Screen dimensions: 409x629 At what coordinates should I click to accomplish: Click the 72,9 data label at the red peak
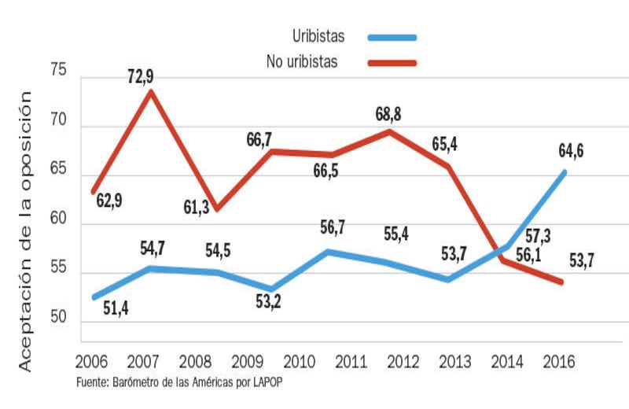coord(142,76)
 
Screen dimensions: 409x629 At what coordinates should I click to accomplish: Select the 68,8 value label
coord(388,115)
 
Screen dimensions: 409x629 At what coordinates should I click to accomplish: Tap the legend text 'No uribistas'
coord(302,61)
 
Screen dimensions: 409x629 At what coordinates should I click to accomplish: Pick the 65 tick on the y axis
coord(60,174)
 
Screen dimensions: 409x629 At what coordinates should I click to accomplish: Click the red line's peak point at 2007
coord(150,91)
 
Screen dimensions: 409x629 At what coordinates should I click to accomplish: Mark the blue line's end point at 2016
coord(564,172)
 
